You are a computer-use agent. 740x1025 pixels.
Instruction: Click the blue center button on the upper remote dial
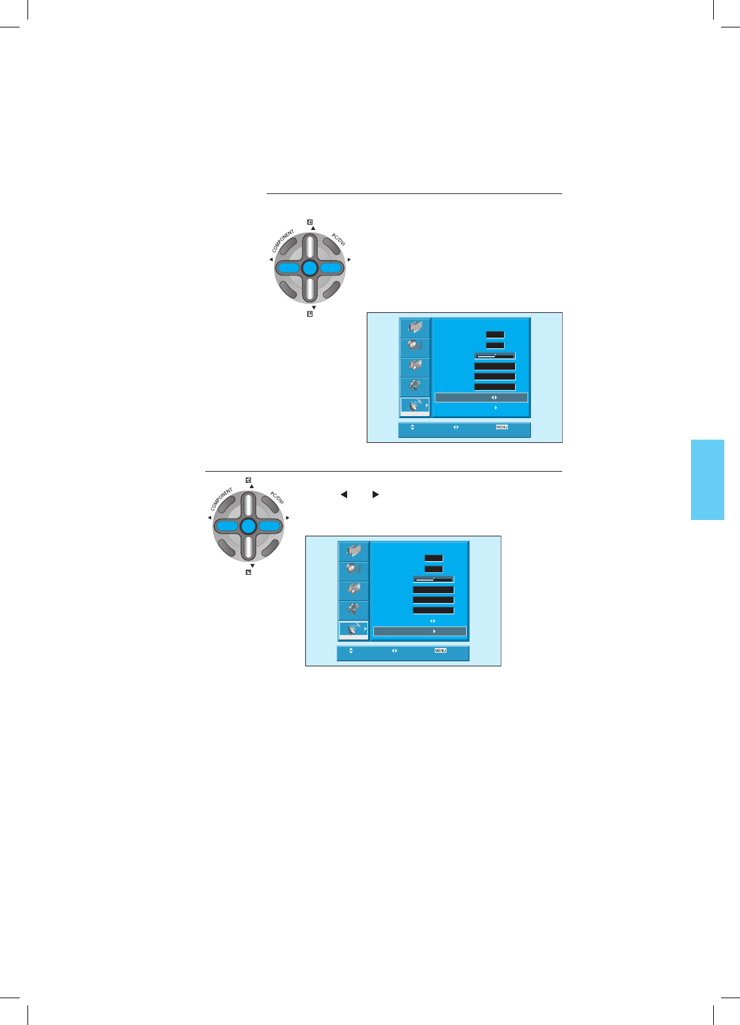click(x=310, y=268)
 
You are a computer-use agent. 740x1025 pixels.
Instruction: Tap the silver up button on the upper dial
click(x=310, y=247)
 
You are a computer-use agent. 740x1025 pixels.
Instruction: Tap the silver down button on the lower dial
click(x=248, y=547)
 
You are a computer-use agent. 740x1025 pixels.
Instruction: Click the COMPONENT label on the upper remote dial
click(x=284, y=241)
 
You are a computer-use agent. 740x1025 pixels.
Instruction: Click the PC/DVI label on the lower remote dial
click(x=277, y=498)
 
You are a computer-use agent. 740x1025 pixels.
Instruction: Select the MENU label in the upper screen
click(x=502, y=427)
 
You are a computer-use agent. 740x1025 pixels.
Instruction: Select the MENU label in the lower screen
click(x=441, y=651)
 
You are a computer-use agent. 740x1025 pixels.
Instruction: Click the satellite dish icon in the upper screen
click(x=414, y=406)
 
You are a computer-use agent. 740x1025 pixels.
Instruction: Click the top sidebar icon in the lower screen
click(x=354, y=551)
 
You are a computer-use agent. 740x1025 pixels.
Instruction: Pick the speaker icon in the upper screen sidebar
click(x=414, y=346)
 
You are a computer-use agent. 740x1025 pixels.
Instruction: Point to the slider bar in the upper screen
click(x=495, y=356)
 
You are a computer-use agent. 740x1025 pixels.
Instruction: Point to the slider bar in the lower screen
click(x=433, y=579)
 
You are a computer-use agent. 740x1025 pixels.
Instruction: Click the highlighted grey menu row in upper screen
click(x=481, y=397)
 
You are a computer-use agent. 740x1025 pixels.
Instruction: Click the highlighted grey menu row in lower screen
click(x=420, y=632)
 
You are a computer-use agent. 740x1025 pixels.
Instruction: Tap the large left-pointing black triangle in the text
click(x=344, y=495)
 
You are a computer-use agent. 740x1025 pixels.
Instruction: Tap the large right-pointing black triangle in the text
click(x=375, y=495)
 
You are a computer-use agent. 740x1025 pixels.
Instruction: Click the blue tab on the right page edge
click(x=707, y=480)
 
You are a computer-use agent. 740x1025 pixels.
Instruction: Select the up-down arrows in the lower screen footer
click(x=351, y=651)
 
